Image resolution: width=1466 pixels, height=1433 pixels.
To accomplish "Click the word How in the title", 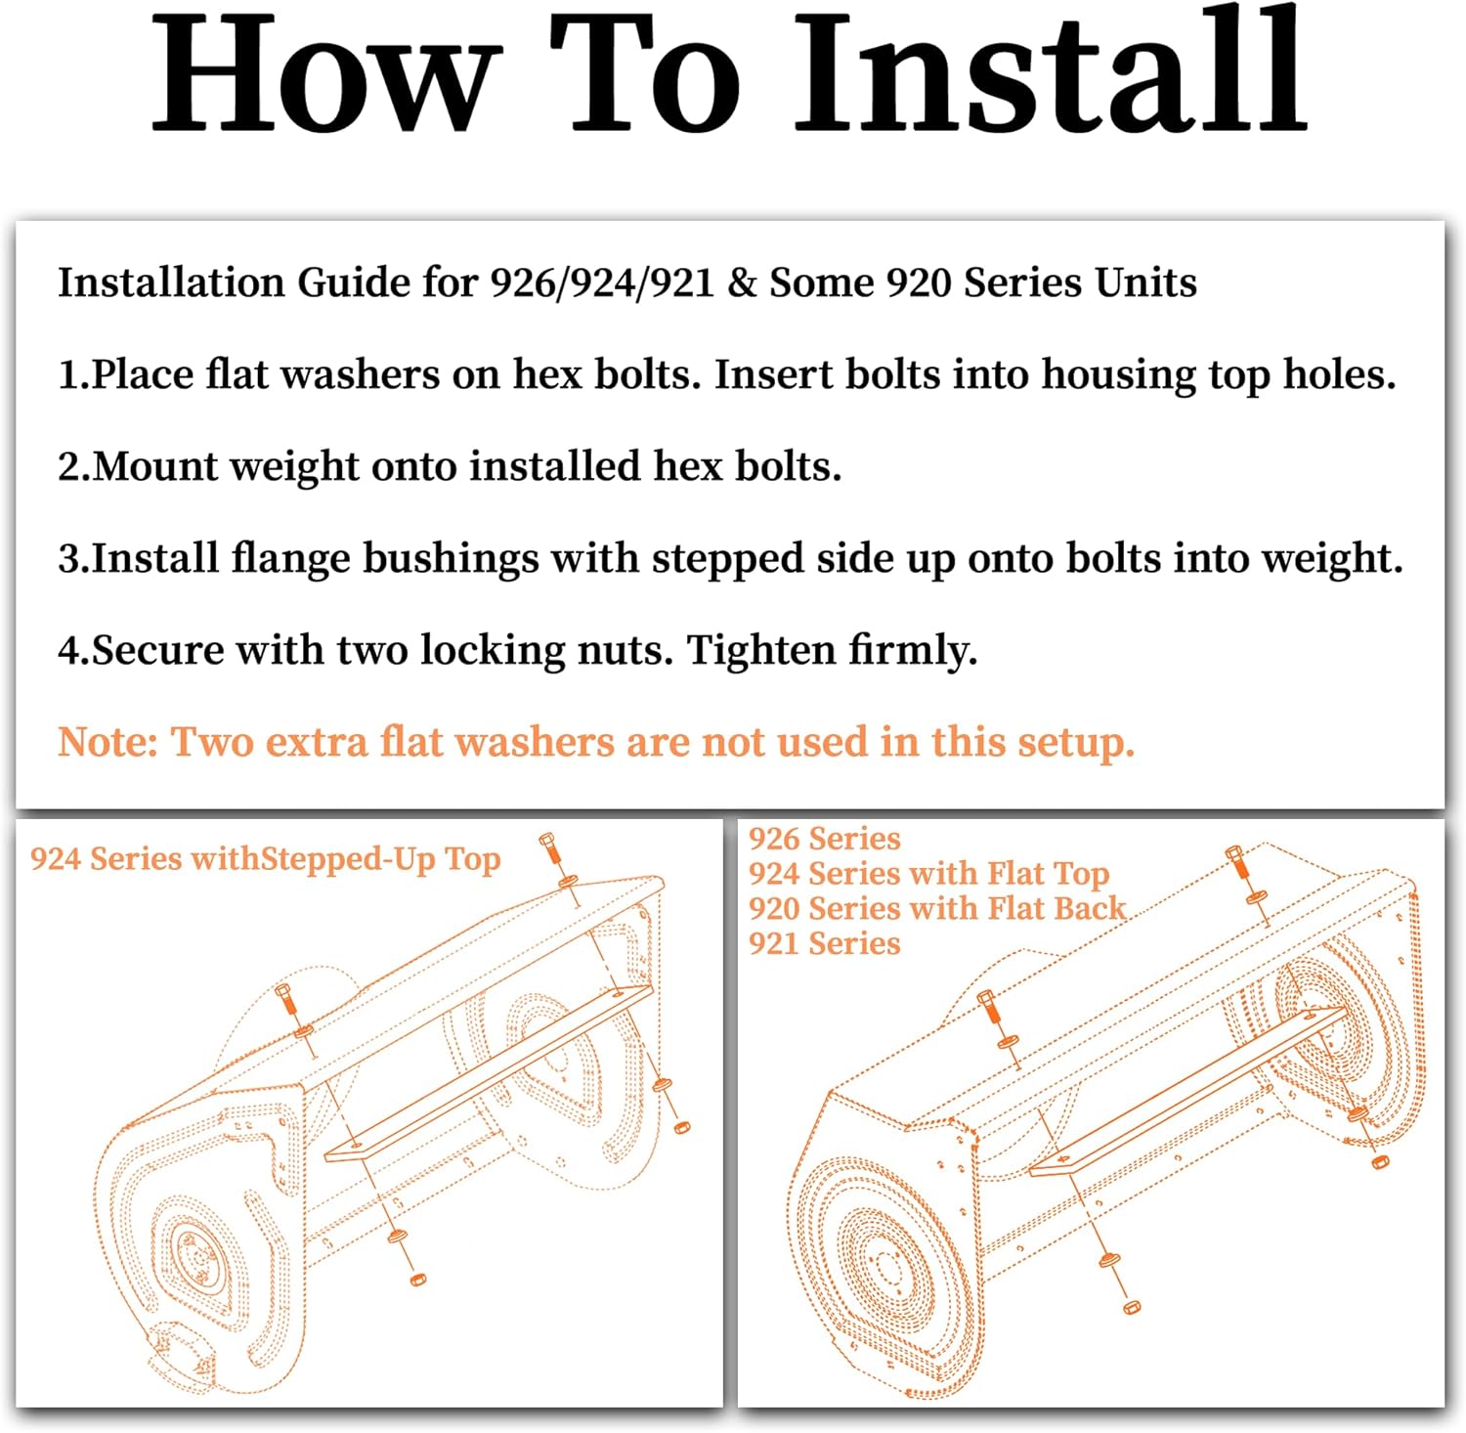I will tap(323, 73).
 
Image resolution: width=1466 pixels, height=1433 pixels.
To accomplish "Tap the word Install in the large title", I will tap(1051, 73).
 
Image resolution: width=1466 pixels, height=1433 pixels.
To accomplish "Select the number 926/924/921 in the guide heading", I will tap(601, 283).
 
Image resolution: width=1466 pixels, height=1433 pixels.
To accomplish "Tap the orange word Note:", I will tap(108, 742).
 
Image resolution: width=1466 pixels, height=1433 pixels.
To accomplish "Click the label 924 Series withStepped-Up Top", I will tap(265, 859).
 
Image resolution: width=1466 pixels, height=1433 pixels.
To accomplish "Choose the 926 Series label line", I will tap(824, 839).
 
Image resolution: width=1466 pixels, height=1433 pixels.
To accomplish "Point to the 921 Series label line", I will tap(824, 943).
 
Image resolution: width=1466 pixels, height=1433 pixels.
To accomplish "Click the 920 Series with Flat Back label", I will tap(937, 908).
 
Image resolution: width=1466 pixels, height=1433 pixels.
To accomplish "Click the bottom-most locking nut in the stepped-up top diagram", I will tap(417, 1278).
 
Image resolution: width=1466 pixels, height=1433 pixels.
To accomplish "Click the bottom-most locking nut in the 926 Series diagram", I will tap(1132, 1305).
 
